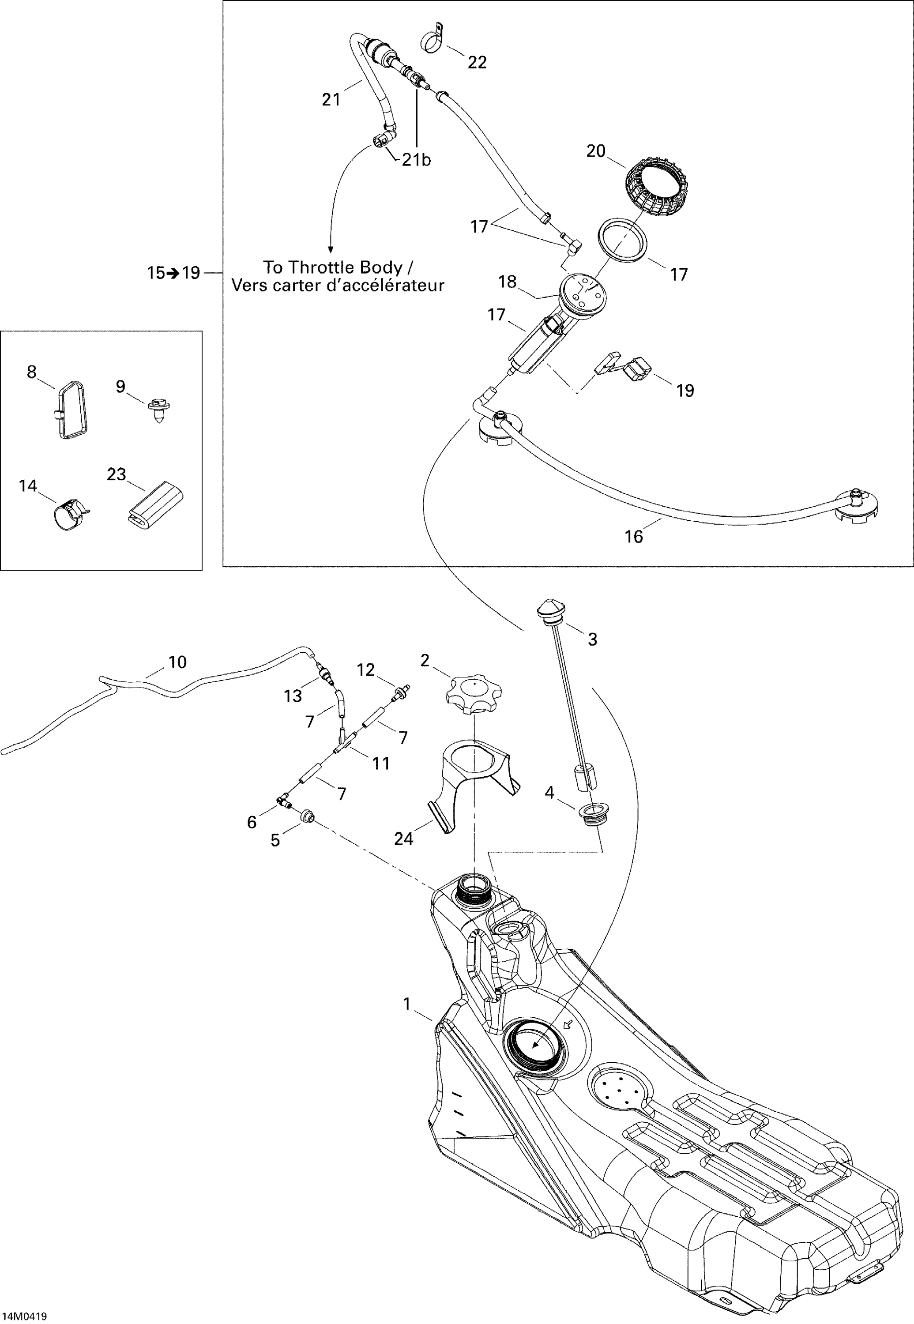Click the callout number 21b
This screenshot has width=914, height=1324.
(x=416, y=160)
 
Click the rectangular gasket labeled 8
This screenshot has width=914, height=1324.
(x=72, y=409)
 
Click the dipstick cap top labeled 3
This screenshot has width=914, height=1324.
(x=551, y=608)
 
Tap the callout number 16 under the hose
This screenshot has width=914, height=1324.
(x=633, y=537)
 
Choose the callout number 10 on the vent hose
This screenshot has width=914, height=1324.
(x=177, y=662)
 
